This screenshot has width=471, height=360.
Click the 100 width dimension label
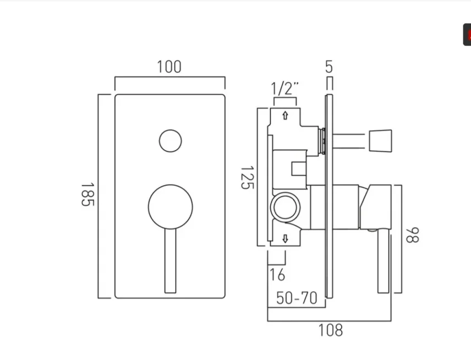coord(169,67)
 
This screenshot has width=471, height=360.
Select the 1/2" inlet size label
coord(285,88)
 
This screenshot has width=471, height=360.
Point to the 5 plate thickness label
coord(329,67)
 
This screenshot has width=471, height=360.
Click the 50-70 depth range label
coord(297,298)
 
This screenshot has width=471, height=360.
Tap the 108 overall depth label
coord(330,330)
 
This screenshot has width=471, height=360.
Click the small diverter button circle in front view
coord(170,141)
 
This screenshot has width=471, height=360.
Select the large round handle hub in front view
coord(170,207)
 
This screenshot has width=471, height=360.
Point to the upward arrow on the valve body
coord(285,116)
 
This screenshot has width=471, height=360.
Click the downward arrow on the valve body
coord(285,238)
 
